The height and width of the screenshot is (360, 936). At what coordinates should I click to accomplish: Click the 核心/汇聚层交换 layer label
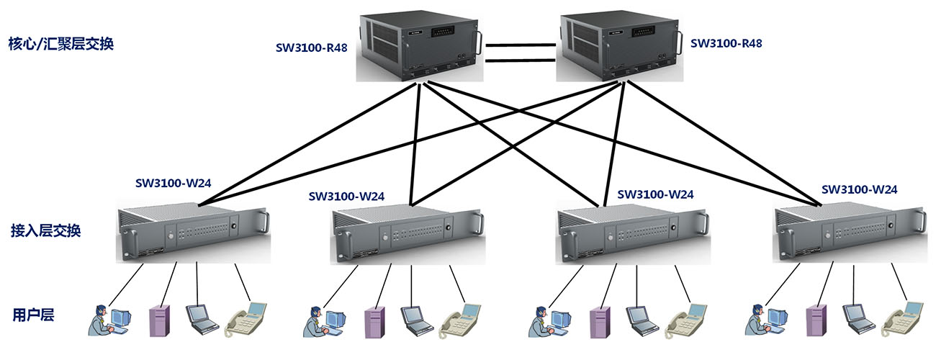coord(62,44)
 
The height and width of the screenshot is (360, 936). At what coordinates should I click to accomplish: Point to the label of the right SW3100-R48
coord(726,43)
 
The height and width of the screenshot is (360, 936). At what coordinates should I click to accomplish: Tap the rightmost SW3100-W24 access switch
coord(847,234)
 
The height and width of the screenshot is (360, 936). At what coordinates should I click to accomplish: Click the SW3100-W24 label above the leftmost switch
coord(173,182)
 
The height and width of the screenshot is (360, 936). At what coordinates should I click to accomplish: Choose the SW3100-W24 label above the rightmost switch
coord(859,190)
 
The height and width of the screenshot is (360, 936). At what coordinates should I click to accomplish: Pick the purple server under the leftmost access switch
coord(158,320)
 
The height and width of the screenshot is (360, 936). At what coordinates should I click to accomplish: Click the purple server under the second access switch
coord(373,321)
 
